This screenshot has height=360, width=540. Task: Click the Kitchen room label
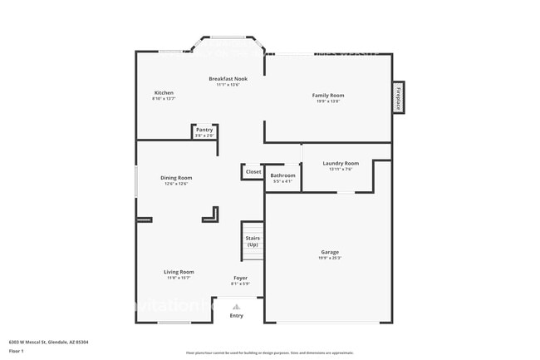tap(164, 92)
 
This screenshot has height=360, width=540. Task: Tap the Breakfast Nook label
tap(228, 78)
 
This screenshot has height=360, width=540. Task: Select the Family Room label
tap(327, 96)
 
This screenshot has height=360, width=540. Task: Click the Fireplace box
tap(399, 97)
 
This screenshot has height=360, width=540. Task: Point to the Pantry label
tap(204, 130)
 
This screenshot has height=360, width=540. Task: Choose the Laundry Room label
tap(341, 163)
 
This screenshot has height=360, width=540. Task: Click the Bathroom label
tap(282, 175)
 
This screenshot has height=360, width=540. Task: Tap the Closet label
tap(253, 172)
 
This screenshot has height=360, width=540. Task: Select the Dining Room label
tap(176, 178)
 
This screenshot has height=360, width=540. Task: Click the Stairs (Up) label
tap(253, 241)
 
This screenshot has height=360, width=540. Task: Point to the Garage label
tap(330, 252)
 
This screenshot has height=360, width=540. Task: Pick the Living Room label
tap(179, 272)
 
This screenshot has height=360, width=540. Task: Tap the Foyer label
tap(240, 278)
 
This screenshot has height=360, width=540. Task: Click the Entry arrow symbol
tap(237, 306)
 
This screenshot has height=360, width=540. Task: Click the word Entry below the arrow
tap(237, 315)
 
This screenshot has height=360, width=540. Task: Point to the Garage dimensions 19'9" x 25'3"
tap(330, 258)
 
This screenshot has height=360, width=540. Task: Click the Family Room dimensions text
tap(327, 101)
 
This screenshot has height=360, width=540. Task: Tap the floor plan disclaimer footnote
tap(270, 353)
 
